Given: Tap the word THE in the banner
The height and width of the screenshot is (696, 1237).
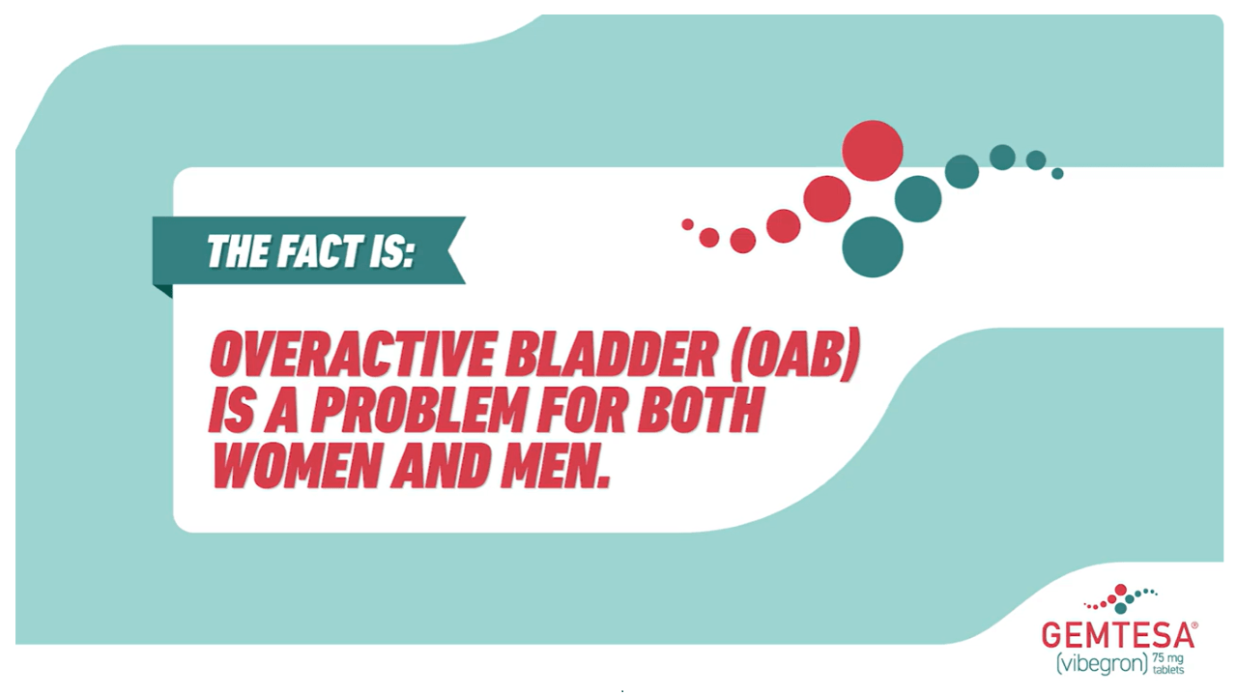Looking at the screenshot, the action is [x=239, y=251].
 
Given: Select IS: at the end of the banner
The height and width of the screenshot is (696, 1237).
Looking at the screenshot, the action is [x=391, y=251].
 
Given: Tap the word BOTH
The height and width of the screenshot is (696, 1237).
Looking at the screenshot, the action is [x=702, y=411].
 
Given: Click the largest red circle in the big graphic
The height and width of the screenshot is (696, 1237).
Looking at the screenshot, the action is [x=873, y=150].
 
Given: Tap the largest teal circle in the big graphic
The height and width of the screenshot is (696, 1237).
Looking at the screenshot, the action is [x=873, y=246].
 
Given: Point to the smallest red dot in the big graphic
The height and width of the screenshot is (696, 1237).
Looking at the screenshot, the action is [x=687, y=224].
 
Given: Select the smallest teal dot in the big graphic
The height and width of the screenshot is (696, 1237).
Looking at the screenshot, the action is [x=1057, y=173].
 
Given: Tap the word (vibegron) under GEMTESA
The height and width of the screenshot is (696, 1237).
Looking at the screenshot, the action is [x=1103, y=663].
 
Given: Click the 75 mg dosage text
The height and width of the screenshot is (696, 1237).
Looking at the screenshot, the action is [x=1168, y=658].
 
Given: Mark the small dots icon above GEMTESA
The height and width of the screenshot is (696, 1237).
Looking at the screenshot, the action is [x=1120, y=598].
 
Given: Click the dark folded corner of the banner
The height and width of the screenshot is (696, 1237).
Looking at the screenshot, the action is [x=164, y=290].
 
